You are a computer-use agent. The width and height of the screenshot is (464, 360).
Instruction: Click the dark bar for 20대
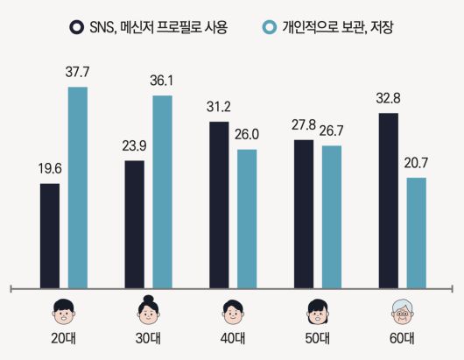pos(51,235)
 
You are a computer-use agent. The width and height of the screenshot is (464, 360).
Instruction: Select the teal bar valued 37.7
pos(77,187)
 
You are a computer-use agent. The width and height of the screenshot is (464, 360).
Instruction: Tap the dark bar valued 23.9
pos(135,223)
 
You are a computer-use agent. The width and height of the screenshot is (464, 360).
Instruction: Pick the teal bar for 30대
pos(162,191)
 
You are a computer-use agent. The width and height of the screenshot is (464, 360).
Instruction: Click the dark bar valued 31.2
pos(220,204)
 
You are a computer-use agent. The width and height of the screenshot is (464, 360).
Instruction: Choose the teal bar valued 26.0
pos(247,218)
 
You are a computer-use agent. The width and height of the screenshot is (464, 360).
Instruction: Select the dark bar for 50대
pos(304,213)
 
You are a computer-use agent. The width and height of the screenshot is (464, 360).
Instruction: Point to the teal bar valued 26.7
pos(331,216)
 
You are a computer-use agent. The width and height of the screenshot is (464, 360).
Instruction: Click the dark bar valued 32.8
pos(389,200)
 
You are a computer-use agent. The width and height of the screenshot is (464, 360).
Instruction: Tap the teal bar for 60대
pos(416,232)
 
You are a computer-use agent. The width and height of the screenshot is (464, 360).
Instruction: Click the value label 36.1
pos(162,79)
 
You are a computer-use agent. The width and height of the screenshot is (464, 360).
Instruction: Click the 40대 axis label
pos(233,338)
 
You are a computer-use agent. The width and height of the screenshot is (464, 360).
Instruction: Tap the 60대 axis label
pos(403,338)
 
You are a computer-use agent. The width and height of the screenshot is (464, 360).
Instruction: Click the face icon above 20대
pos(64,310)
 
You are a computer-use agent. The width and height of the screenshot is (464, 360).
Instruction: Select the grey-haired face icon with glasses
pos(403,310)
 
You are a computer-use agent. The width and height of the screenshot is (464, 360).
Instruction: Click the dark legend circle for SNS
pos(77,27)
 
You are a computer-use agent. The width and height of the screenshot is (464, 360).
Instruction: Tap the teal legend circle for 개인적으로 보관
pos(270,27)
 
